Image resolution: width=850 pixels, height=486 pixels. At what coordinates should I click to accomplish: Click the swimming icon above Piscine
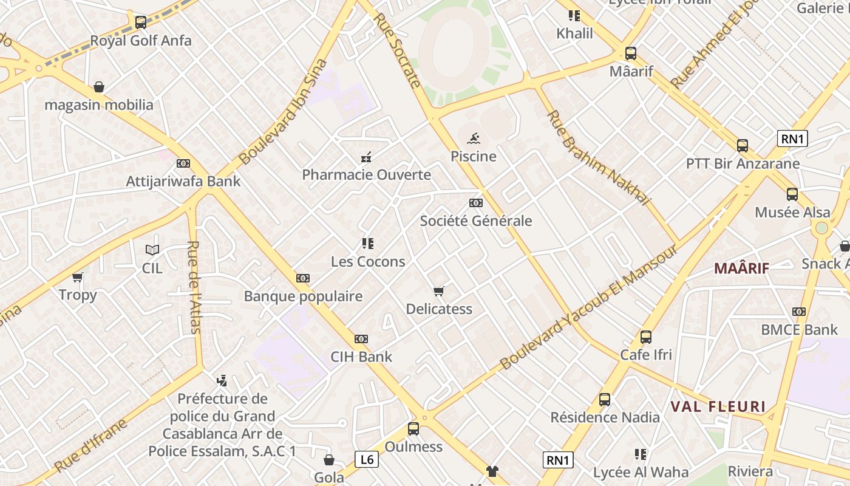tap(474, 138)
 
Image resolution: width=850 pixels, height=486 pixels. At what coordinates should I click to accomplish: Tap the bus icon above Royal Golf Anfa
tap(141, 22)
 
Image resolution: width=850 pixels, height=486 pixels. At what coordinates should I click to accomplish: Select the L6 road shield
tap(367, 459)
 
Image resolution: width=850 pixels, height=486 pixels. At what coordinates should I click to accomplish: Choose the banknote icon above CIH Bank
tap(361, 338)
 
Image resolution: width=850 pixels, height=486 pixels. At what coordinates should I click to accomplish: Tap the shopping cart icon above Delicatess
tap(439, 291)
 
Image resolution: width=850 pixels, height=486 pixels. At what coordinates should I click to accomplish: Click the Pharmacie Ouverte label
tap(367, 175)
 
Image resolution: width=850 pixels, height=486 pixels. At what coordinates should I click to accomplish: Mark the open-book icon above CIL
tap(152, 250)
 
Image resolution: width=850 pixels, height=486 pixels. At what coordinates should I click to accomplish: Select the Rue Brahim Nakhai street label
tap(598, 157)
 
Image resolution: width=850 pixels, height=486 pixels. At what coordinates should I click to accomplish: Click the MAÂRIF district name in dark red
tap(741, 269)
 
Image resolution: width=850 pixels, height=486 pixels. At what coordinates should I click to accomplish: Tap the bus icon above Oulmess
tap(413, 429)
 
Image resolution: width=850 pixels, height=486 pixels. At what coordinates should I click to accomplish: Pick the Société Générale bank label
tap(476, 221)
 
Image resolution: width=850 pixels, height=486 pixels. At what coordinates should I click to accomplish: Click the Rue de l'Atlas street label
tap(194, 287)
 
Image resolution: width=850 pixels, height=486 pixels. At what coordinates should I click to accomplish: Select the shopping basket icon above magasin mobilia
tap(99, 87)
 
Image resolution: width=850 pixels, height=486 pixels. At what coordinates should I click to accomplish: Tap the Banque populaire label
tap(303, 296)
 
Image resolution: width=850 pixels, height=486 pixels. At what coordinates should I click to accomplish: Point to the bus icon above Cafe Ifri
tap(646, 337)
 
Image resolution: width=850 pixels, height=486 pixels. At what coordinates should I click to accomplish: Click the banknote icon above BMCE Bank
tap(799, 312)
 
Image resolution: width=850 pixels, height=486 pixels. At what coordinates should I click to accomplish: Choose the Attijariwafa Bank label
tap(183, 181)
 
